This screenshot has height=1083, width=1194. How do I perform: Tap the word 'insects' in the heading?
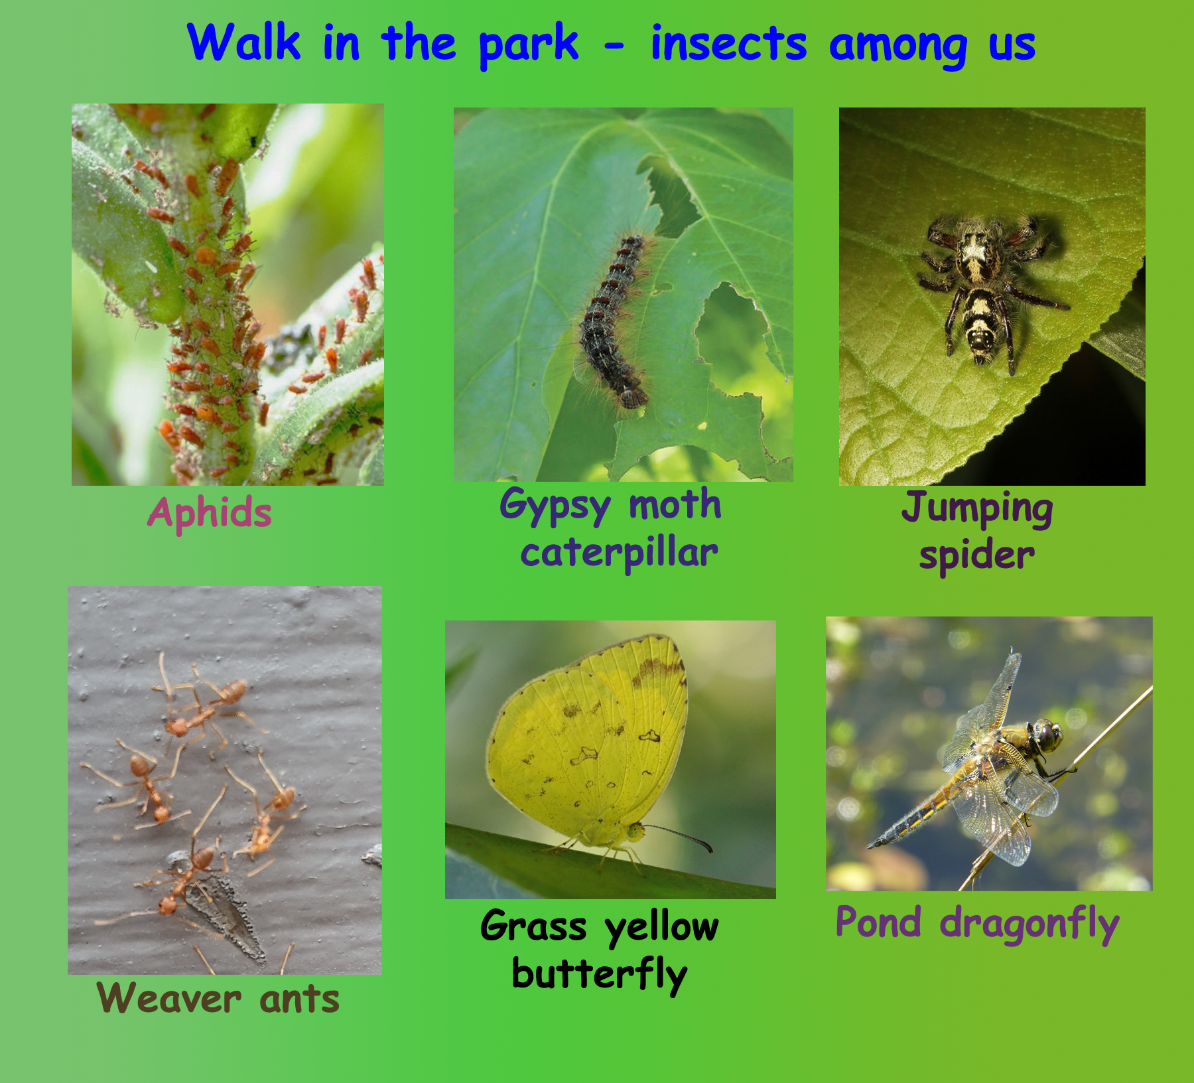point(728,43)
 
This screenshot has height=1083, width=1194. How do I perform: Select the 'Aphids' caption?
point(210,514)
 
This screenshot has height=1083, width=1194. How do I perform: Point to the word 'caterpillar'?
point(619,553)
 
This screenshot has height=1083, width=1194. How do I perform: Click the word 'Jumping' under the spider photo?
point(976,509)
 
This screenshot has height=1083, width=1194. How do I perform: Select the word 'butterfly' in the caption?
point(600,975)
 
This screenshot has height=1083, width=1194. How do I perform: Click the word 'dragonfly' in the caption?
point(1029,924)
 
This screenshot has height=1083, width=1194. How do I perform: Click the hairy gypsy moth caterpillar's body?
point(613,323)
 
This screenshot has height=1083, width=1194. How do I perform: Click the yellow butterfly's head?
point(635,831)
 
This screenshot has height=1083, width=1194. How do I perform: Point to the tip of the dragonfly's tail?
point(869,847)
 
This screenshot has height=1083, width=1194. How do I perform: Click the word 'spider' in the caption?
point(976,555)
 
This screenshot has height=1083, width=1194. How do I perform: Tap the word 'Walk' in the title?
point(243,43)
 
